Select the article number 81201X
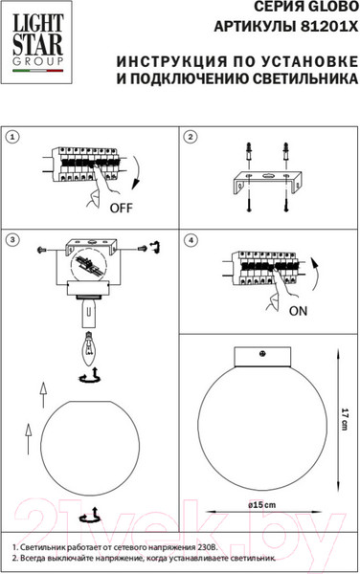[328, 27]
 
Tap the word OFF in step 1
[122, 208]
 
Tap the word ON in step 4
[298, 311]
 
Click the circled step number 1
[12, 137]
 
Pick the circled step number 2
[190, 137]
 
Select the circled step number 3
[12, 240]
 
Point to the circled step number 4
[191, 240]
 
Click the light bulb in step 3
[88, 349]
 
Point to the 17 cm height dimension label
[345, 418]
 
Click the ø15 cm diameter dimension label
[261, 505]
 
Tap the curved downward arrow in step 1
[137, 173]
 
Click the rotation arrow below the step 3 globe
[90, 516]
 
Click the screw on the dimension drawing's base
[262, 354]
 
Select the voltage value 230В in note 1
[208, 547]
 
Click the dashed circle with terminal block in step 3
[89, 265]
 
